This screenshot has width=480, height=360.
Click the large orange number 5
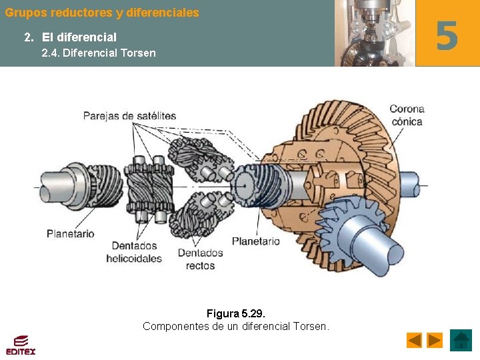click(x=447, y=35)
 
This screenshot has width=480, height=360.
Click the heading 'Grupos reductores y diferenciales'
click(x=102, y=13)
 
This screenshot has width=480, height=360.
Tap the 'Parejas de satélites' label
click(x=129, y=116)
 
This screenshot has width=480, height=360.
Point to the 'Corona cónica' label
click(x=407, y=115)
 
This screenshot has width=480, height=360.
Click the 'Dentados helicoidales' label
click(x=134, y=252)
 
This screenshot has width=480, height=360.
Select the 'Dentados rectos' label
click(x=200, y=259)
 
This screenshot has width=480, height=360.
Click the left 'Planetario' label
click(x=70, y=234)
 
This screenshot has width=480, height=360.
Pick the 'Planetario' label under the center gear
click(x=256, y=241)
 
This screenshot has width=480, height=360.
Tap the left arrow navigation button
click(x=414, y=340)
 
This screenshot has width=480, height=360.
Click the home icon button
click(x=461, y=340)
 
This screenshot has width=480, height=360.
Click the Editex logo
click(x=21, y=344)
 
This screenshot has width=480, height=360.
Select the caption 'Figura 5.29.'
click(x=236, y=313)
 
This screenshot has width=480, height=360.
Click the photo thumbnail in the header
click(x=374, y=33)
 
